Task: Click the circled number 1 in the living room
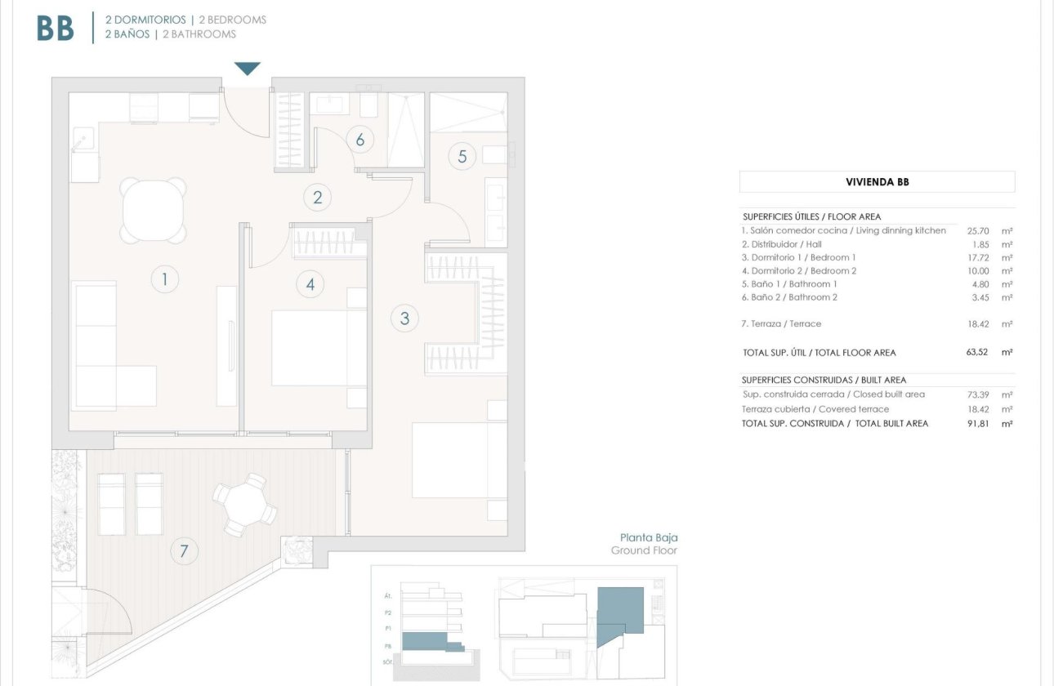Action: (x=164, y=280)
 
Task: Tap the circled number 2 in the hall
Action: (x=317, y=197)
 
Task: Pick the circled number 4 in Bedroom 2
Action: (x=310, y=284)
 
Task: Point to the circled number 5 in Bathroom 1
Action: (x=462, y=156)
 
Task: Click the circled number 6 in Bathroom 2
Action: (x=360, y=140)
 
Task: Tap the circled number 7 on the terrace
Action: (x=184, y=551)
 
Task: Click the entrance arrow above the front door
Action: (x=247, y=69)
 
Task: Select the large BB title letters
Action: (x=56, y=29)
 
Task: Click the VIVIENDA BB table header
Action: (x=877, y=182)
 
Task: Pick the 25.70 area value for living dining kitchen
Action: (x=978, y=231)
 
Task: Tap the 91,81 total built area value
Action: (x=977, y=424)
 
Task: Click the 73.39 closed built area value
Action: (x=978, y=394)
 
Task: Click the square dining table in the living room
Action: (x=153, y=209)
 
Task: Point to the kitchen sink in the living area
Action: (x=83, y=140)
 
